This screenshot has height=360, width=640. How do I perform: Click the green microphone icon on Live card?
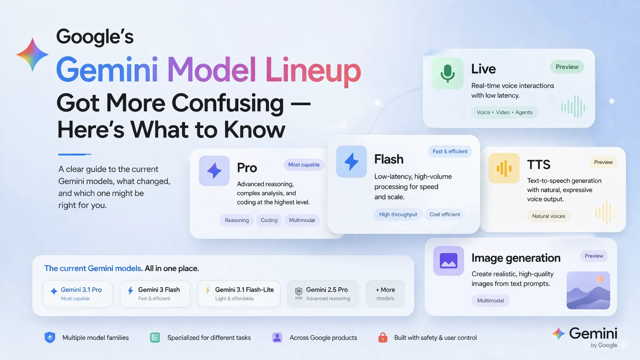coord(447,73)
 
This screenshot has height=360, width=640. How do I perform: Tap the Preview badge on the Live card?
coord(567,67)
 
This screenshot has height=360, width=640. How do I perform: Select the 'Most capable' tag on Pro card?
coord(304,165)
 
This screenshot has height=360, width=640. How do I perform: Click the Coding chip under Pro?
coord(269,220)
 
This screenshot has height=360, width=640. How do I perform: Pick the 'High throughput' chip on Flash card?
coord(398,214)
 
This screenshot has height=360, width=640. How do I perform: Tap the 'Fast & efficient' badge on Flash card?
coord(450,151)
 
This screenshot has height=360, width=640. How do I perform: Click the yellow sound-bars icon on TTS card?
coord(504,169)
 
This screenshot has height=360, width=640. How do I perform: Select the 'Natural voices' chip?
coord(548,216)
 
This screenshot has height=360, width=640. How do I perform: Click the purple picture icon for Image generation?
coord(448,261)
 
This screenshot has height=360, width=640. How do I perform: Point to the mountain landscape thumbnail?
coord(588,290)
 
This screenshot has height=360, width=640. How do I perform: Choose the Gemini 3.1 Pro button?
coord(78,294)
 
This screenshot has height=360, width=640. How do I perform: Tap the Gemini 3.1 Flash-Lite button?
coord(239,294)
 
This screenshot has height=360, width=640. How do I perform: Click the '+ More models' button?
coord(385,294)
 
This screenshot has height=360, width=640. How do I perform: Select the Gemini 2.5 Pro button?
coord(322,294)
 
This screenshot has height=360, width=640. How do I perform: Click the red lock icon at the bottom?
coord(383,337)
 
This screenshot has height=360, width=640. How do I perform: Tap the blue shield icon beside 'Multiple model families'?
coord(50,337)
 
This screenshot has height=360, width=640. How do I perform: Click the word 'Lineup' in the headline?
coord(313,70)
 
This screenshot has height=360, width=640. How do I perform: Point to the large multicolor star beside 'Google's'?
coord(33,55)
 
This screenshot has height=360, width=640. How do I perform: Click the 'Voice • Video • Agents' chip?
coord(504,112)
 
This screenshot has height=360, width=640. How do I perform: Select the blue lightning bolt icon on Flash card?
coord(351,162)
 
